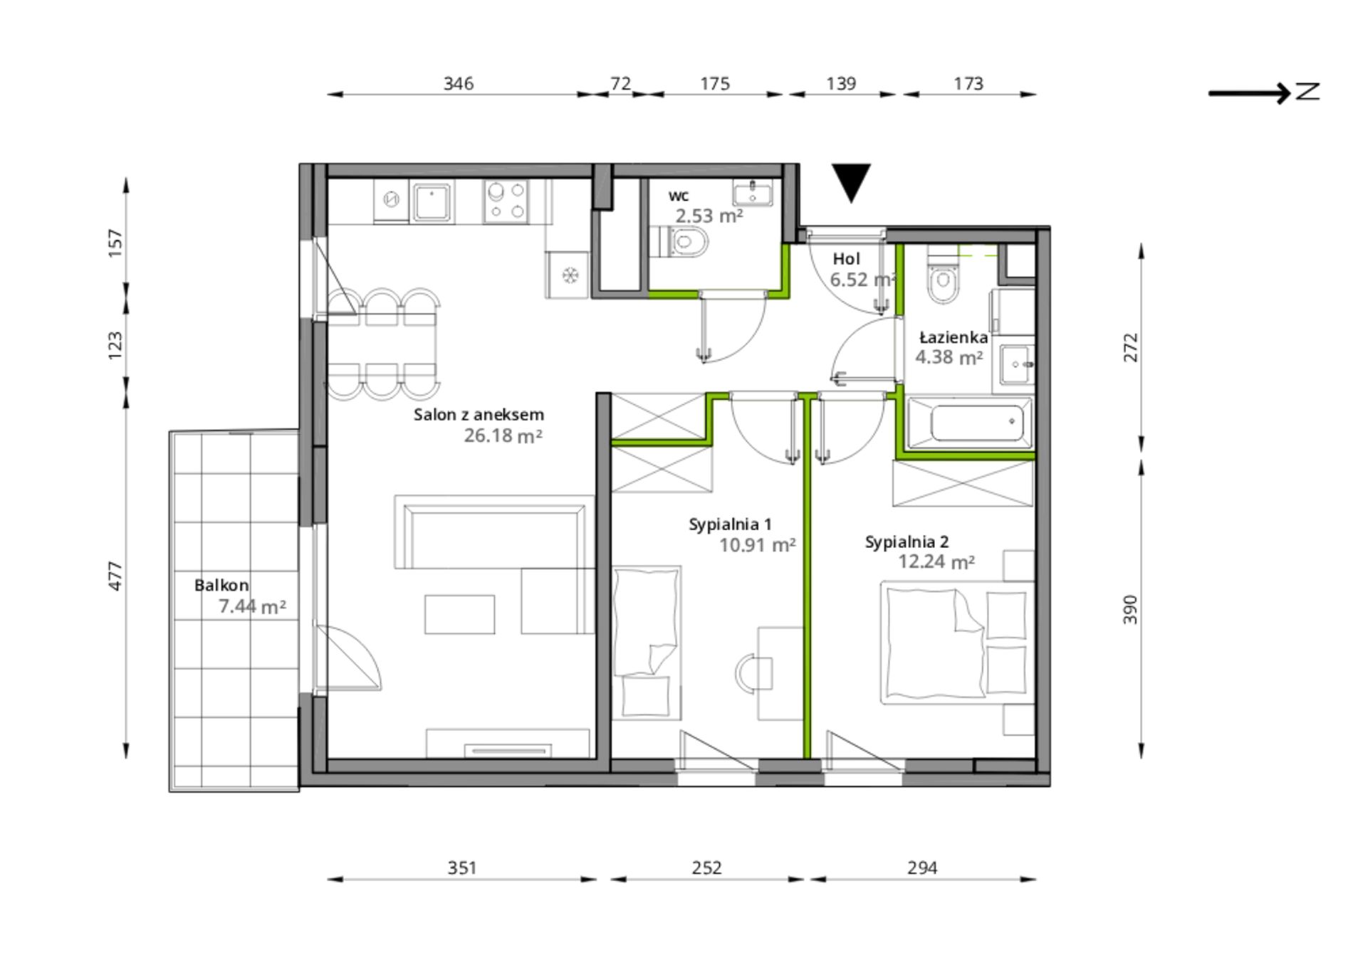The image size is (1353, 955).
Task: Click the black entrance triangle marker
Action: [851, 181]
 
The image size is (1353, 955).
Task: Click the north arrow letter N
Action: [1307, 91]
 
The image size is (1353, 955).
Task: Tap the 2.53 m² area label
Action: [709, 216]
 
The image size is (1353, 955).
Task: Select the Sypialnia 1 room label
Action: [730, 524]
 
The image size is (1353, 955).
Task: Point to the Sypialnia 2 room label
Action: [907, 542]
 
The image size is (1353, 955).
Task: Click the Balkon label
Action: [221, 585]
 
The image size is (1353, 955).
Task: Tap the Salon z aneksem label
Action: [479, 414]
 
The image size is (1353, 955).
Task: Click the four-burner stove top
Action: [506, 201]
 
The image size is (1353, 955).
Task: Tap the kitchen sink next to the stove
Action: [432, 201]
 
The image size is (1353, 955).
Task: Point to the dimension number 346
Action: [459, 83]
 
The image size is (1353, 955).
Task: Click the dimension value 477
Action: [115, 576]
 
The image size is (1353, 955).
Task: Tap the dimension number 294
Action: [922, 867]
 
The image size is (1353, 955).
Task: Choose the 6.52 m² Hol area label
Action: [862, 280]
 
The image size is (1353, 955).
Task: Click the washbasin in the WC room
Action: [752, 192]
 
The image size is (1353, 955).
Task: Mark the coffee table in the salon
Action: [459, 614]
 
